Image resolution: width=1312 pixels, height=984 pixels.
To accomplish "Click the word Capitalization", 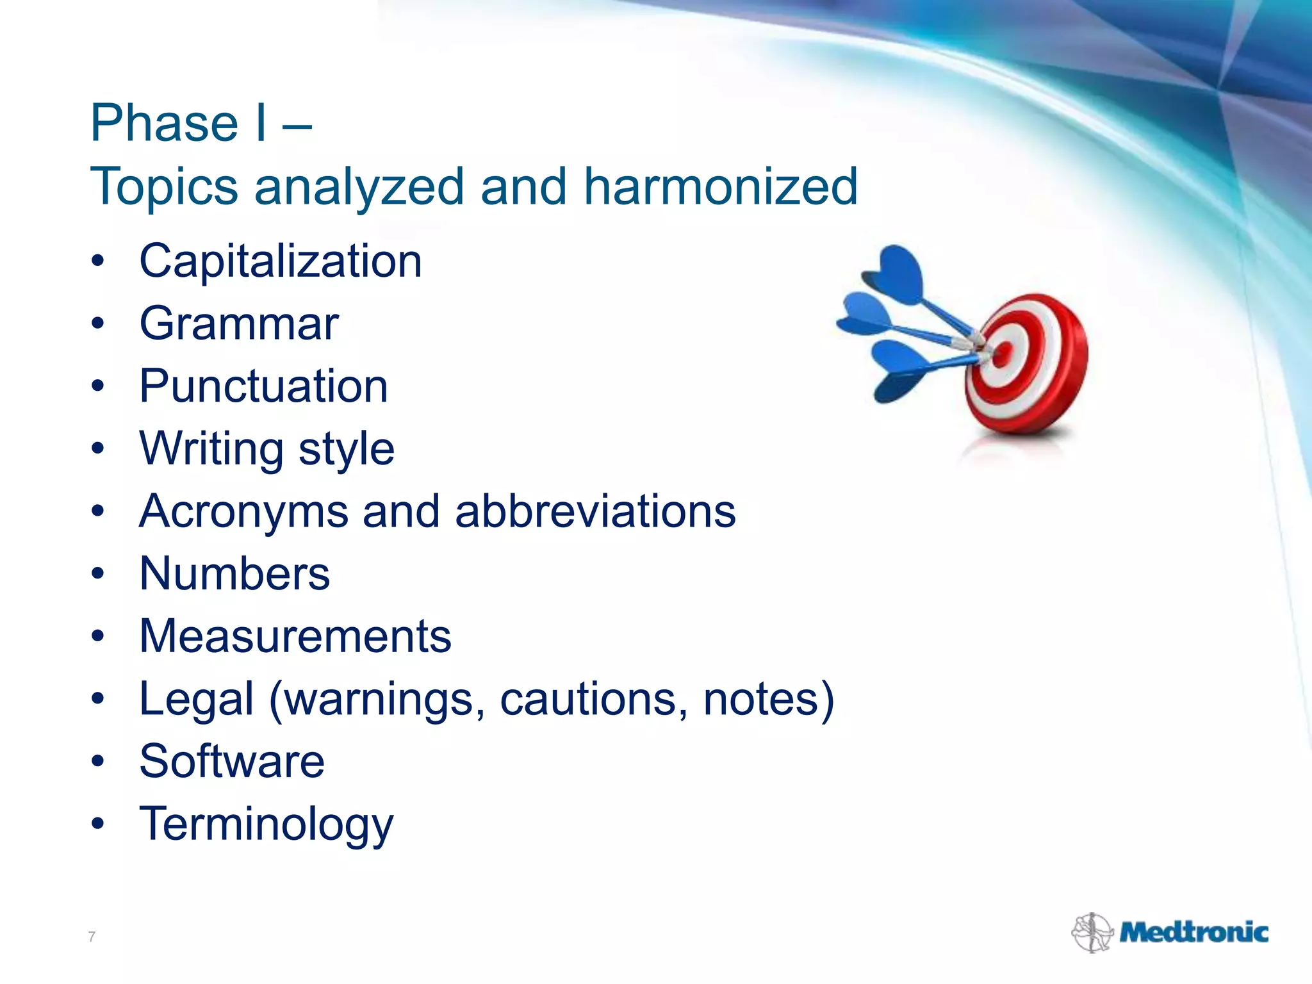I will coord(281,262).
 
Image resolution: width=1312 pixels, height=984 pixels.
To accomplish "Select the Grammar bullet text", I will coord(238,324).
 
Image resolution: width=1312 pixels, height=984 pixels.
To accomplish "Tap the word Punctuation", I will coord(263,386).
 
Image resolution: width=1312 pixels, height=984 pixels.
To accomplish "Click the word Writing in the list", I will coord(211,448).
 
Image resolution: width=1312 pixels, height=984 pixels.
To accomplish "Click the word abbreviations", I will coord(595,512).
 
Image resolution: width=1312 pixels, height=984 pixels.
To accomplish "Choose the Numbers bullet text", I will coord(234,573).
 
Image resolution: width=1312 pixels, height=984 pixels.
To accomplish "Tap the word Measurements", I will coord(295,636).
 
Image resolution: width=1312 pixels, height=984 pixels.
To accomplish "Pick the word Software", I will coord(232,762).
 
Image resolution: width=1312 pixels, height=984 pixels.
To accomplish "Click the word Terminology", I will coord(266,824).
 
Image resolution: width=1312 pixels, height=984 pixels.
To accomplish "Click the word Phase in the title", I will coord(165,123).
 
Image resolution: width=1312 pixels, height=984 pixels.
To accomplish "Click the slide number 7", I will coord(92,937).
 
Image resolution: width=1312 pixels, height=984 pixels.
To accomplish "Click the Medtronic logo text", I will coord(1193,933).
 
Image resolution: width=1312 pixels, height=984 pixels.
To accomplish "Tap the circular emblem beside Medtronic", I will coord(1092,933).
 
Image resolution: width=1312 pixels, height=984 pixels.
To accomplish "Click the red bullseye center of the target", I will coord(1003,352).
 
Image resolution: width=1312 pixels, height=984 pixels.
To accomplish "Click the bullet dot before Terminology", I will coord(97,824).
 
